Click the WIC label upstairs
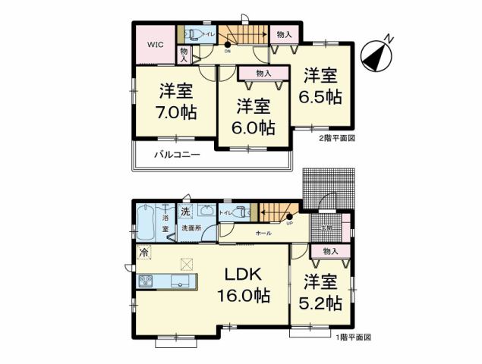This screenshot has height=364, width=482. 156,44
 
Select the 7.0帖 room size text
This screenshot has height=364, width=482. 177,112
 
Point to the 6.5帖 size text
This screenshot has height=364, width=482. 323,97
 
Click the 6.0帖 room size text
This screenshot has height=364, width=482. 254,127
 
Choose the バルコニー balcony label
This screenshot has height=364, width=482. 177,155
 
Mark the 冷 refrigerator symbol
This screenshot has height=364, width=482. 143,250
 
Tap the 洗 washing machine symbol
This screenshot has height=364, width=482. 185,211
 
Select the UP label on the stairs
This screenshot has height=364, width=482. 289,224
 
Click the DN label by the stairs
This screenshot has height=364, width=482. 227,51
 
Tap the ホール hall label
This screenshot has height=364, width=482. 263,233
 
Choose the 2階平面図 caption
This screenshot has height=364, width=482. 337,139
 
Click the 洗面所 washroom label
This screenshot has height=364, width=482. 190,228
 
